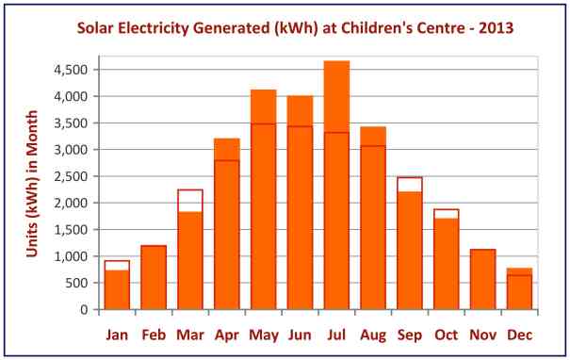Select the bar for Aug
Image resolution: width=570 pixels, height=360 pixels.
(x=373, y=218)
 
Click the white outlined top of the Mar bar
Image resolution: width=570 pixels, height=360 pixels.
(x=189, y=200)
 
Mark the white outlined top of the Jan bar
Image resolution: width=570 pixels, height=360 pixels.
(x=116, y=265)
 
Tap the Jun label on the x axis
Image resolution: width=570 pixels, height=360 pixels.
(x=300, y=335)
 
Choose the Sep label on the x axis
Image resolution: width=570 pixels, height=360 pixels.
(x=410, y=335)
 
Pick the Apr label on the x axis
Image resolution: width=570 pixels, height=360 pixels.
(x=226, y=335)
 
